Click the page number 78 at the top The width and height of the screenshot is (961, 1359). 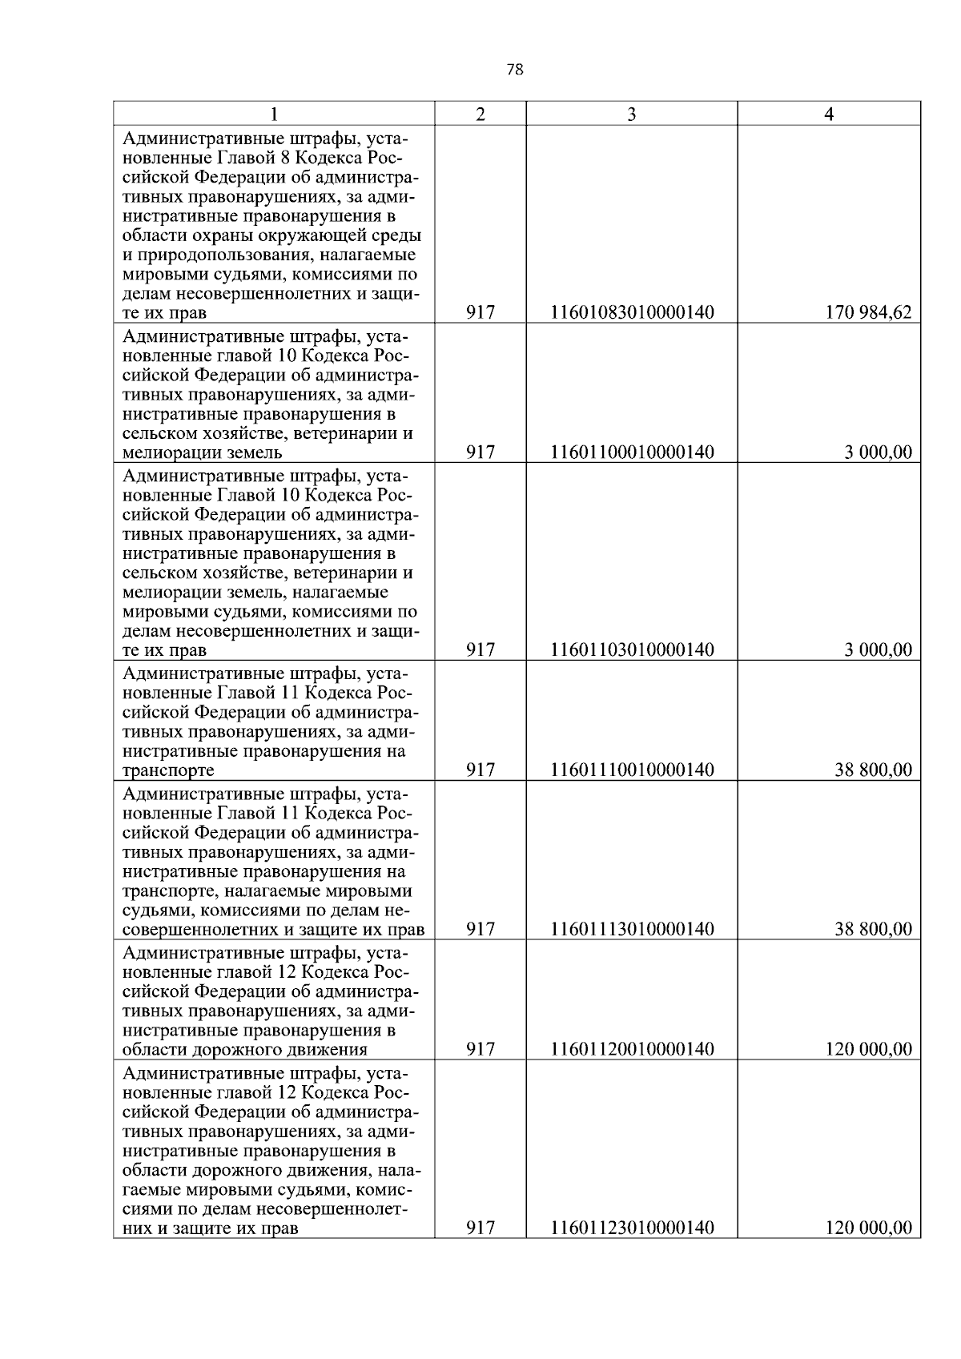click(515, 70)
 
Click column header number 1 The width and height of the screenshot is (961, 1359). click(274, 114)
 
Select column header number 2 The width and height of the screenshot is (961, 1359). click(480, 114)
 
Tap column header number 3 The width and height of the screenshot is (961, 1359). click(631, 114)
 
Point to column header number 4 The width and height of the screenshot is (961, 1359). click(829, 114)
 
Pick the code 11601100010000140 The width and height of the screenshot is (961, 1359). click(631, 452)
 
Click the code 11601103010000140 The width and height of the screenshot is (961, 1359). click(631, 649)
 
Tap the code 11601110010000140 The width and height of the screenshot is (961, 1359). click(631, 770)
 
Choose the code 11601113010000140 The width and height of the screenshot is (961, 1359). click(631, 929)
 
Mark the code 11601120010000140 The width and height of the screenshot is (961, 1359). click(631, 1049)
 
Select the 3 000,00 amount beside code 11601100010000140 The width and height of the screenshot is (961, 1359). click(878, 452)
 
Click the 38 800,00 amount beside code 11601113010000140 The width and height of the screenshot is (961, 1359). click(873, 929)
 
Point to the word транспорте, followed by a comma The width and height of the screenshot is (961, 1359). click(165, 891)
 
